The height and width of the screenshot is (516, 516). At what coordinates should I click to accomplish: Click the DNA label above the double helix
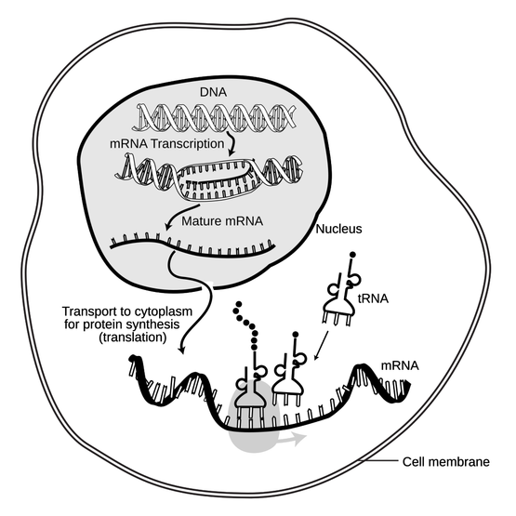213,92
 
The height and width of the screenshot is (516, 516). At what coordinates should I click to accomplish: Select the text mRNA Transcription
166,144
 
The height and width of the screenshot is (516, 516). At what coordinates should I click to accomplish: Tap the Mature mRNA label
222,221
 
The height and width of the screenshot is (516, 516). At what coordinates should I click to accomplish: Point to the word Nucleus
338,229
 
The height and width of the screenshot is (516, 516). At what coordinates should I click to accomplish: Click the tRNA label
373,298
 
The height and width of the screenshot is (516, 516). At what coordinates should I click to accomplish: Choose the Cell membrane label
446,462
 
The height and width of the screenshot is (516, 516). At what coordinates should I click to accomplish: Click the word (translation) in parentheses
133,337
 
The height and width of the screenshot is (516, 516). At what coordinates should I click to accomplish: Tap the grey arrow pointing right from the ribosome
293,438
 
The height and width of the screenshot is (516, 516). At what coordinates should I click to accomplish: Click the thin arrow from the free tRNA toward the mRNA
321,346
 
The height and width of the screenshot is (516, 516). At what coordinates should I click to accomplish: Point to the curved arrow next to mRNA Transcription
232,143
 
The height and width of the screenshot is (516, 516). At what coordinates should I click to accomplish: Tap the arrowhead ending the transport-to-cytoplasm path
180,350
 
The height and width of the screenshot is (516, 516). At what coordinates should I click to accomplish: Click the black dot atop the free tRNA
352,255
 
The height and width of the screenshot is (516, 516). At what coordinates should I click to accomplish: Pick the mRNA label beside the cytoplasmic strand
400,365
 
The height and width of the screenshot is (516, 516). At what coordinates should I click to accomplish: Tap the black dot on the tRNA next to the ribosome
296,335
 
